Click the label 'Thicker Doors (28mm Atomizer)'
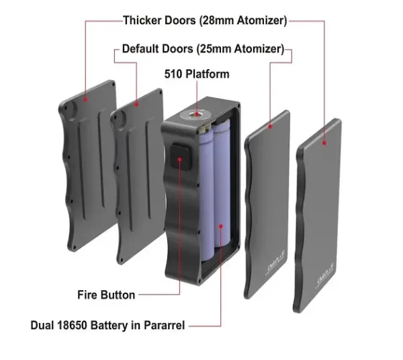pos(205,21)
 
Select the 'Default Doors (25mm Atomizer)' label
pos(202,50)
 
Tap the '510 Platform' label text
pos(196,74)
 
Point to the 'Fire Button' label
pos(105,295)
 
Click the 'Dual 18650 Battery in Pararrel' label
pos(108,326)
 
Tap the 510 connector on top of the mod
pos(197,115)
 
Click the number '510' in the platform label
pos(174,74)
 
